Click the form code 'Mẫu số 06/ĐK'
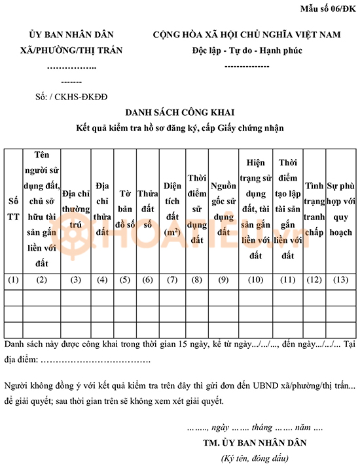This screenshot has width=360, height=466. pos(328,9)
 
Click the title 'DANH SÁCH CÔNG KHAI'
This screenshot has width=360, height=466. pos(179,113)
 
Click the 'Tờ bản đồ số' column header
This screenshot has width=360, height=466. pos(125,209)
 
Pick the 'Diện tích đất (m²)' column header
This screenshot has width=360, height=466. pos(173,209)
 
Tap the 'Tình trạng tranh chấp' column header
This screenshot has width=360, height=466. pos(314,209)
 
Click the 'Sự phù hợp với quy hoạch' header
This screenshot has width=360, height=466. pos(340,209)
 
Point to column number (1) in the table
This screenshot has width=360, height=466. pos(13,280)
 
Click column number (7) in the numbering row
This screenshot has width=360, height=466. pos(173,280)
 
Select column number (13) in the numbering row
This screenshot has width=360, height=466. pos(340,280)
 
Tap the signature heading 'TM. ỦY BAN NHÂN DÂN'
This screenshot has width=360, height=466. pos(254,442)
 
